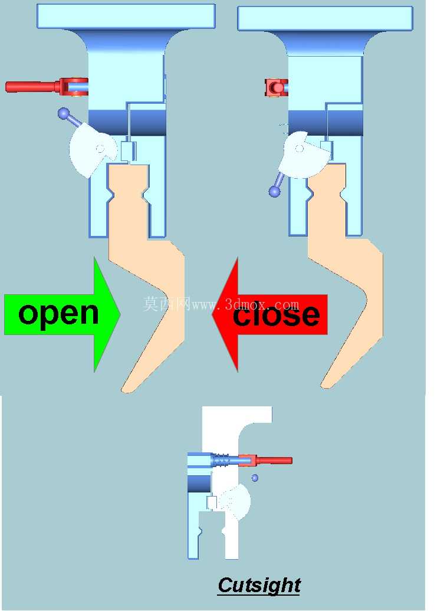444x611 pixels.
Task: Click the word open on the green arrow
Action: pos(58,315)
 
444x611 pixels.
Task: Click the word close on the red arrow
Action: pos(276,314)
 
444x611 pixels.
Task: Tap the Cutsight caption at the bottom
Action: pos(259,586)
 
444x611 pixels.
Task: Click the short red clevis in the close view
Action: pos(276,87)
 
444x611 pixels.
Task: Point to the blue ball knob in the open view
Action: pos(63,113)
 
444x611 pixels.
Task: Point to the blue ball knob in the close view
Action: pos(275,191)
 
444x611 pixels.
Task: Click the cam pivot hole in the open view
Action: pos(100,149)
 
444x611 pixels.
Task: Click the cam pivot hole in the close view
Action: pos(299,149)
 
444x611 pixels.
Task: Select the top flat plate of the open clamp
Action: pos(126,16)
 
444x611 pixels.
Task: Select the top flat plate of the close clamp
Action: pos(325,18)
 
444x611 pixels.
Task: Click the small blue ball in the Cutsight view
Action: pos(255,478)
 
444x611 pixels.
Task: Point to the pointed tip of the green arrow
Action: pos(120,314)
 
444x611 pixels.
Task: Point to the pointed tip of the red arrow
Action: pos(213,314)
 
